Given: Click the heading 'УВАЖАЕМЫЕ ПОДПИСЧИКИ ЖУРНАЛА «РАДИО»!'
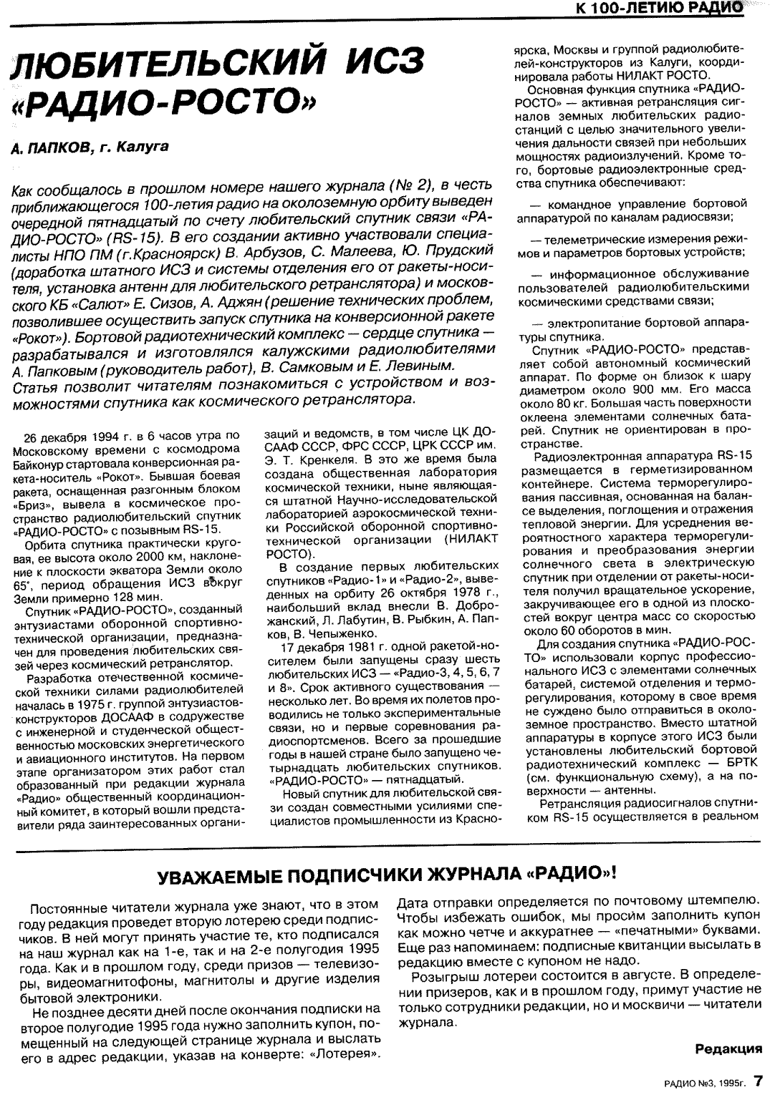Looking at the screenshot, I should click(x=387, y=875).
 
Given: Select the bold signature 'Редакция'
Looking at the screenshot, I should click(x=728, y=1049).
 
